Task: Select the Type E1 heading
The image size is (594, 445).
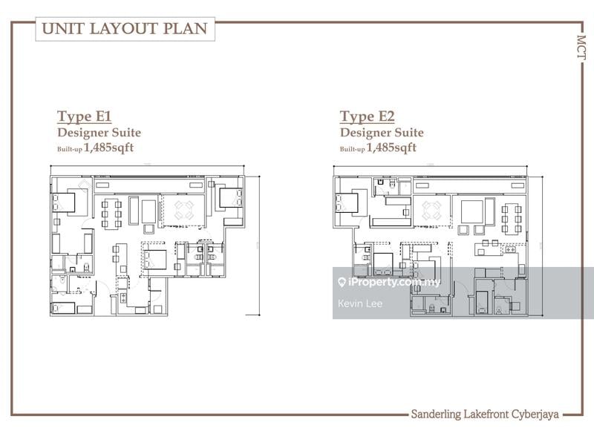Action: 84,116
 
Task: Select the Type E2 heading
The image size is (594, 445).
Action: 367,116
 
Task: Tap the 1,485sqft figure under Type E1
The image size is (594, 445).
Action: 108,147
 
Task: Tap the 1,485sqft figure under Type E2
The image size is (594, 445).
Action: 391,147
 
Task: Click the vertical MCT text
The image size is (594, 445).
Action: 581,47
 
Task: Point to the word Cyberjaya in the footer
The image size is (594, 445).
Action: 535,414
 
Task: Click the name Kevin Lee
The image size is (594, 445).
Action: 360,303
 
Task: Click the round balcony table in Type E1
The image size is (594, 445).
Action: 184,210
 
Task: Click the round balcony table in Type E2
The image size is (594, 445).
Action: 431,211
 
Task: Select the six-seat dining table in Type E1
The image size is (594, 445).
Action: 111,214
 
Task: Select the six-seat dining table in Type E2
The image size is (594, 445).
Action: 512,218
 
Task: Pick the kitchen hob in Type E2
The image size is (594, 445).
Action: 509,250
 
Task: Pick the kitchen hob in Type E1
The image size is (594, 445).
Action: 123,298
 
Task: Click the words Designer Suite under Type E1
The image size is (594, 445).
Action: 99,133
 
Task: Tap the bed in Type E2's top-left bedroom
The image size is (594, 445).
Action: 347,202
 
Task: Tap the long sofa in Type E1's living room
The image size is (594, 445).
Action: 134,211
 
